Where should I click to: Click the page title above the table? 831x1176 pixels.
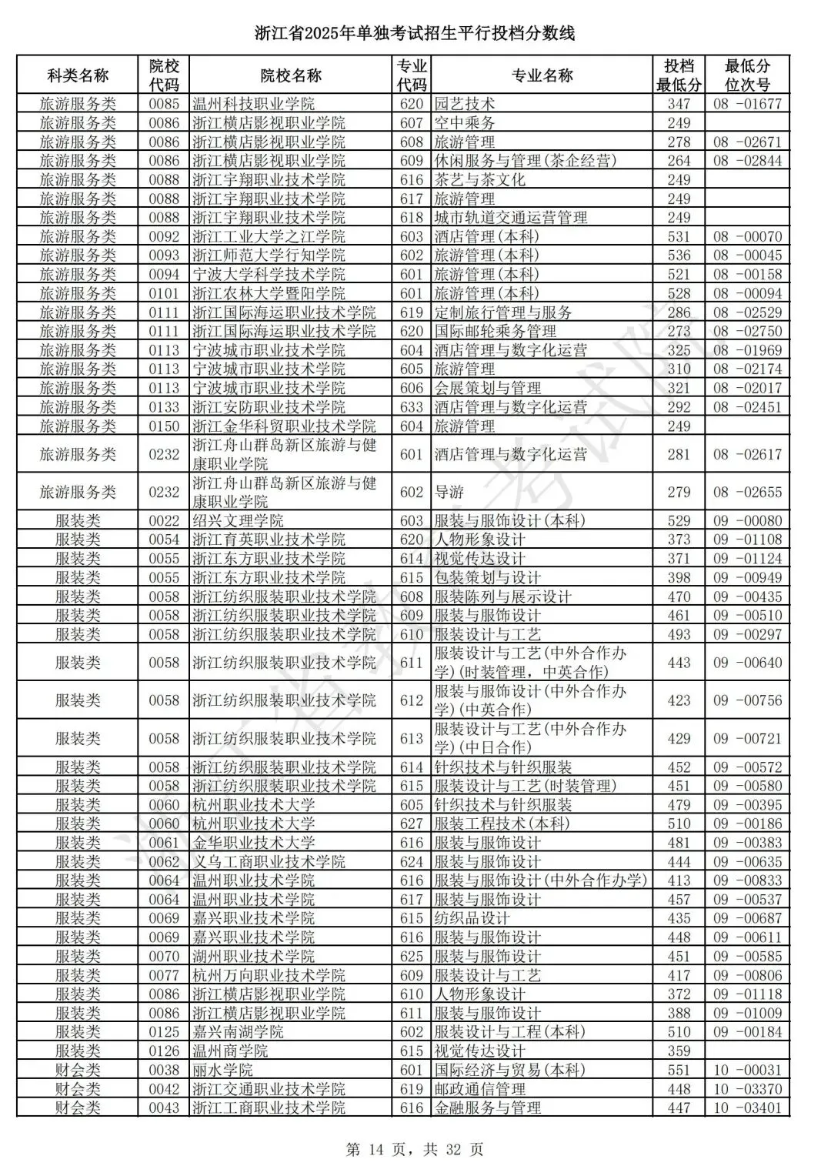click(x=415, y=34)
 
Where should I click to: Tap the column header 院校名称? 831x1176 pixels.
click(x=291, y=75)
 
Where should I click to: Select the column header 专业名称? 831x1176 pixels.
click(x=542, y=75)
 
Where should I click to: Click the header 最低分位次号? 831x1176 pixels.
click(x=747, y=75)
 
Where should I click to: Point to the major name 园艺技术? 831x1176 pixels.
click(x=465, y=104)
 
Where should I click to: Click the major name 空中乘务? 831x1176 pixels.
click(x=465, y=123)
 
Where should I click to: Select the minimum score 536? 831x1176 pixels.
click(x=679, y=256)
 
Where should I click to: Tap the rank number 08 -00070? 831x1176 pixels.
click(x=747, y=236)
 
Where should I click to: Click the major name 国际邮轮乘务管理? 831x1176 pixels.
click(x=496, y=331)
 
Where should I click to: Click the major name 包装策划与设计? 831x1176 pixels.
click(x=488, y=577)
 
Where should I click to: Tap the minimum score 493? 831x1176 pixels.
click(x=679, y=634)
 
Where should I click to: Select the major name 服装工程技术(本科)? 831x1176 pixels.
click(x=502, y=824)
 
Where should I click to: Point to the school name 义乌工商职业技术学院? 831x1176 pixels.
click(x=269, y=861)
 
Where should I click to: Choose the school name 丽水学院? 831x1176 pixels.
click(x=222, y=1070)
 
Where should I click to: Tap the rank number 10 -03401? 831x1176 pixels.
click(x=747, y=1108)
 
